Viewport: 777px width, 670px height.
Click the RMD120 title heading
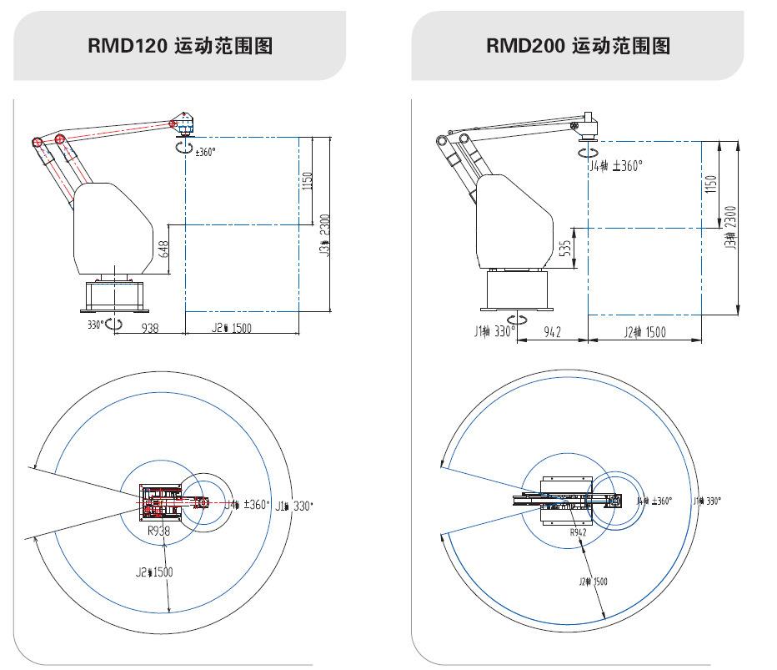pos(180,45)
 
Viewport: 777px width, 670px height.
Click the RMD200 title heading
pos(578,45)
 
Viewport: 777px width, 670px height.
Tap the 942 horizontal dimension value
pos(552,332)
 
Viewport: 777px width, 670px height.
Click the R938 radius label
pos(158,530)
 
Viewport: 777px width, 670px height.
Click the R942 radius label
pos(579,531)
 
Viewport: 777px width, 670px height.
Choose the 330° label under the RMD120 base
pos(97,324)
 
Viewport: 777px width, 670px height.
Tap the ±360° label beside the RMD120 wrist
pos(204,152)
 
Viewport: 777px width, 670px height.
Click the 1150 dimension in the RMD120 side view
pos(307,181)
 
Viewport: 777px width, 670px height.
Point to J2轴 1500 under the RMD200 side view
pos(644,332)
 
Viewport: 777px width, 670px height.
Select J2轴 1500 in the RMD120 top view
pos(154,572)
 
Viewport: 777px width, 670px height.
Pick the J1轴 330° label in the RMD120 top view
pos(295,505)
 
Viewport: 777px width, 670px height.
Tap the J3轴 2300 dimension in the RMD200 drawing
pos(731,227)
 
